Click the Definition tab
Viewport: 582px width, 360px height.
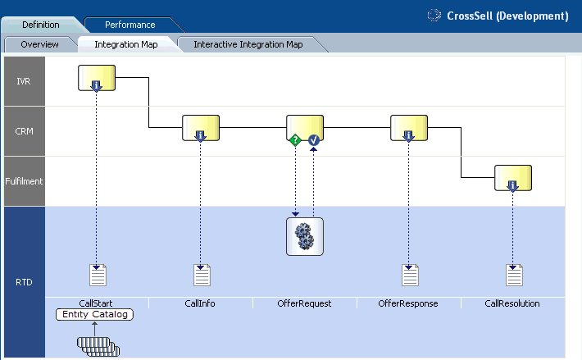[x=40, y=25]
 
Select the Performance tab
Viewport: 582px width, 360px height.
[x=130, y=25]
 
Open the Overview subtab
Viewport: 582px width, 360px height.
[x=39, y=44]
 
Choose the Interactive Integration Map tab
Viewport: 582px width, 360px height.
[x=248, y=44]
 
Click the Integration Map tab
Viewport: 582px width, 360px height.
[x=125, y=44]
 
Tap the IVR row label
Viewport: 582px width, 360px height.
[x=24, y=81]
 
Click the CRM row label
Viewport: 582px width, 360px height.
[x=24, y=130]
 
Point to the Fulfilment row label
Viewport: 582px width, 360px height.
[x=24, y=181]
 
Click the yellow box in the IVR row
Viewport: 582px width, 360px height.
[x=97, y=78]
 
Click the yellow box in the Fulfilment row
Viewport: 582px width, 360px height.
[x=513, y=177]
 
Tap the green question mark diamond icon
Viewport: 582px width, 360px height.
[x=295, y=140]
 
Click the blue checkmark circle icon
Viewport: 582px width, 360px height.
[x=313, y=140]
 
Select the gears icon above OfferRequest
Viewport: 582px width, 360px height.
[x=305, y=236]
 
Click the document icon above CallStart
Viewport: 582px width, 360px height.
[x=98, y=276]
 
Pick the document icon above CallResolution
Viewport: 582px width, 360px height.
[x=514, y=276]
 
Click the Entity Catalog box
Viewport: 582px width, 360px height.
[x=94, y=314]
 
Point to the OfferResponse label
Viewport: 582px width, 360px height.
[x=408, y=303]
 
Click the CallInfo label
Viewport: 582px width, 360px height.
[x=201, y=303]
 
